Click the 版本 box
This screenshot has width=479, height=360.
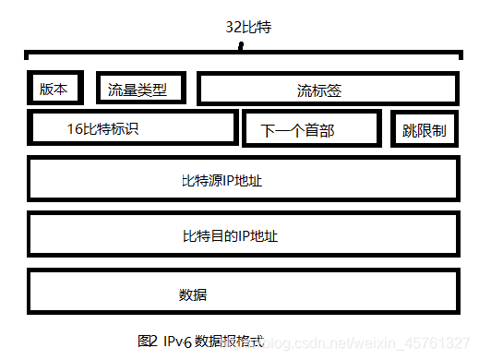(x=54, y=88)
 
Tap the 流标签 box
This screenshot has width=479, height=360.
(x=328, y=89)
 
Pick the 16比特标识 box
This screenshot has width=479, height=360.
(x=133, y=128)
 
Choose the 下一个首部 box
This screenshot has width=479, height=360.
(x=310, y=129)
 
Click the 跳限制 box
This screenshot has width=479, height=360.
(x=425, y=130)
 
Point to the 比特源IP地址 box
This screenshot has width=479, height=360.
(x=243, y=179)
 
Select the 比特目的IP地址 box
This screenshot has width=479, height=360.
(x=243, y=235)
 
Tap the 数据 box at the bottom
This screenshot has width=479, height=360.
(x=243, y=293)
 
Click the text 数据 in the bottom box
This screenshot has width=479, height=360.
(x=192, y=295)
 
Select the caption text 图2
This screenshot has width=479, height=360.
(x=148, y=341)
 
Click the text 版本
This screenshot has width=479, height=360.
(x=54, y=89)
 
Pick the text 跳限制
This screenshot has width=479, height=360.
(x=425, y=131)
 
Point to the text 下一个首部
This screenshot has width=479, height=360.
(x=297, y=131)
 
